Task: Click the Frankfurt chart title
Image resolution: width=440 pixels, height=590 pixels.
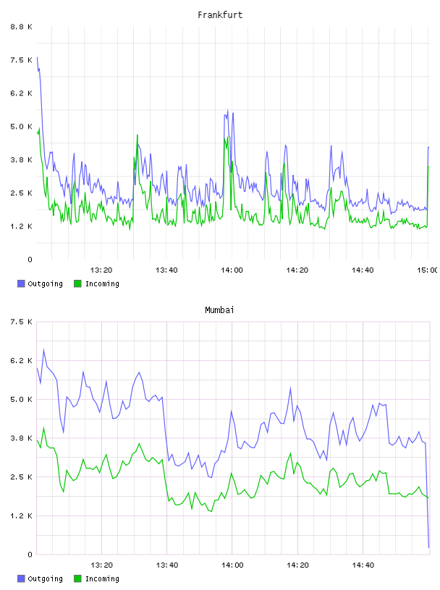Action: pyautogui.click(x=220, y=14)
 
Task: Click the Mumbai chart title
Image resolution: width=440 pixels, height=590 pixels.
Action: pyautogui.click(x=219, y=309)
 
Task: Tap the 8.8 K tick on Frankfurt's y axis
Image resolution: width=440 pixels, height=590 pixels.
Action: pyautogui.click(x=21, y=27)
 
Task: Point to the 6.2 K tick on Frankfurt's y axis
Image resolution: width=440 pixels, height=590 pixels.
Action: pyautogui.click(x=21, y=93)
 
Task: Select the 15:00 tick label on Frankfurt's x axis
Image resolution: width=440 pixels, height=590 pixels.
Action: pyautogui.click(x=428, y=270)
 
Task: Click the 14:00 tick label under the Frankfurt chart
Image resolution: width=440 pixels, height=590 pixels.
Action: pyautogui.click(x=232, y=270)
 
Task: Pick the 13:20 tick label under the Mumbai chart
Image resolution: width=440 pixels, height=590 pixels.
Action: pyautogui.click(x=101, y=565)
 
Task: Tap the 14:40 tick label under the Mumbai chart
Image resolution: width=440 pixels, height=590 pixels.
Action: pyautogui.click(x=363, y=565)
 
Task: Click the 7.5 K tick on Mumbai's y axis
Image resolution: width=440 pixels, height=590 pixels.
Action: pyautogui.click(x=21, y=322)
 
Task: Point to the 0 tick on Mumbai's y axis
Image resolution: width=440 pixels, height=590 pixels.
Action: pyautogui.click(x=30, y=555)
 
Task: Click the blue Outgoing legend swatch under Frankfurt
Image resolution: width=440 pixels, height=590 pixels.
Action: pyautogui.click(x=21, y=283)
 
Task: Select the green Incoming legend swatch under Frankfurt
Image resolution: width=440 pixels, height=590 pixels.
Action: pyautogui.click(x=77, y=283)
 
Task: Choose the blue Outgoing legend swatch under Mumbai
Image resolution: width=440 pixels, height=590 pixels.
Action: pyautogui.click(x=21, y=578)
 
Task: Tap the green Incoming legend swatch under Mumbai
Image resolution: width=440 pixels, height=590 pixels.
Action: pyautogui.click(x=77, y=578)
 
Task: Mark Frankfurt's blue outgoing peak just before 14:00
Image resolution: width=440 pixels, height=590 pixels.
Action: pyautogui.click(x=227, y=110)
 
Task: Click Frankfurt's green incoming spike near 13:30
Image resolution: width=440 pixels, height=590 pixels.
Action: pyautogui.click(x=137, y=134)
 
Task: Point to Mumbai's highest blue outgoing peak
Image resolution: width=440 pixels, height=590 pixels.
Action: pyautogui.click(x=43, y=349)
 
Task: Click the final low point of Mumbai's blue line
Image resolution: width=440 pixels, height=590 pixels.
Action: pyautogui.click(x=428, y=547)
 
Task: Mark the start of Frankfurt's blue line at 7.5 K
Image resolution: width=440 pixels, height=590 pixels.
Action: pyautogui.click(x=37, y=58)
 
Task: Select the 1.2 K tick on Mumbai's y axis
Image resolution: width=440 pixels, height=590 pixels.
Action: pyautogui.click(x=21, y=516)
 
